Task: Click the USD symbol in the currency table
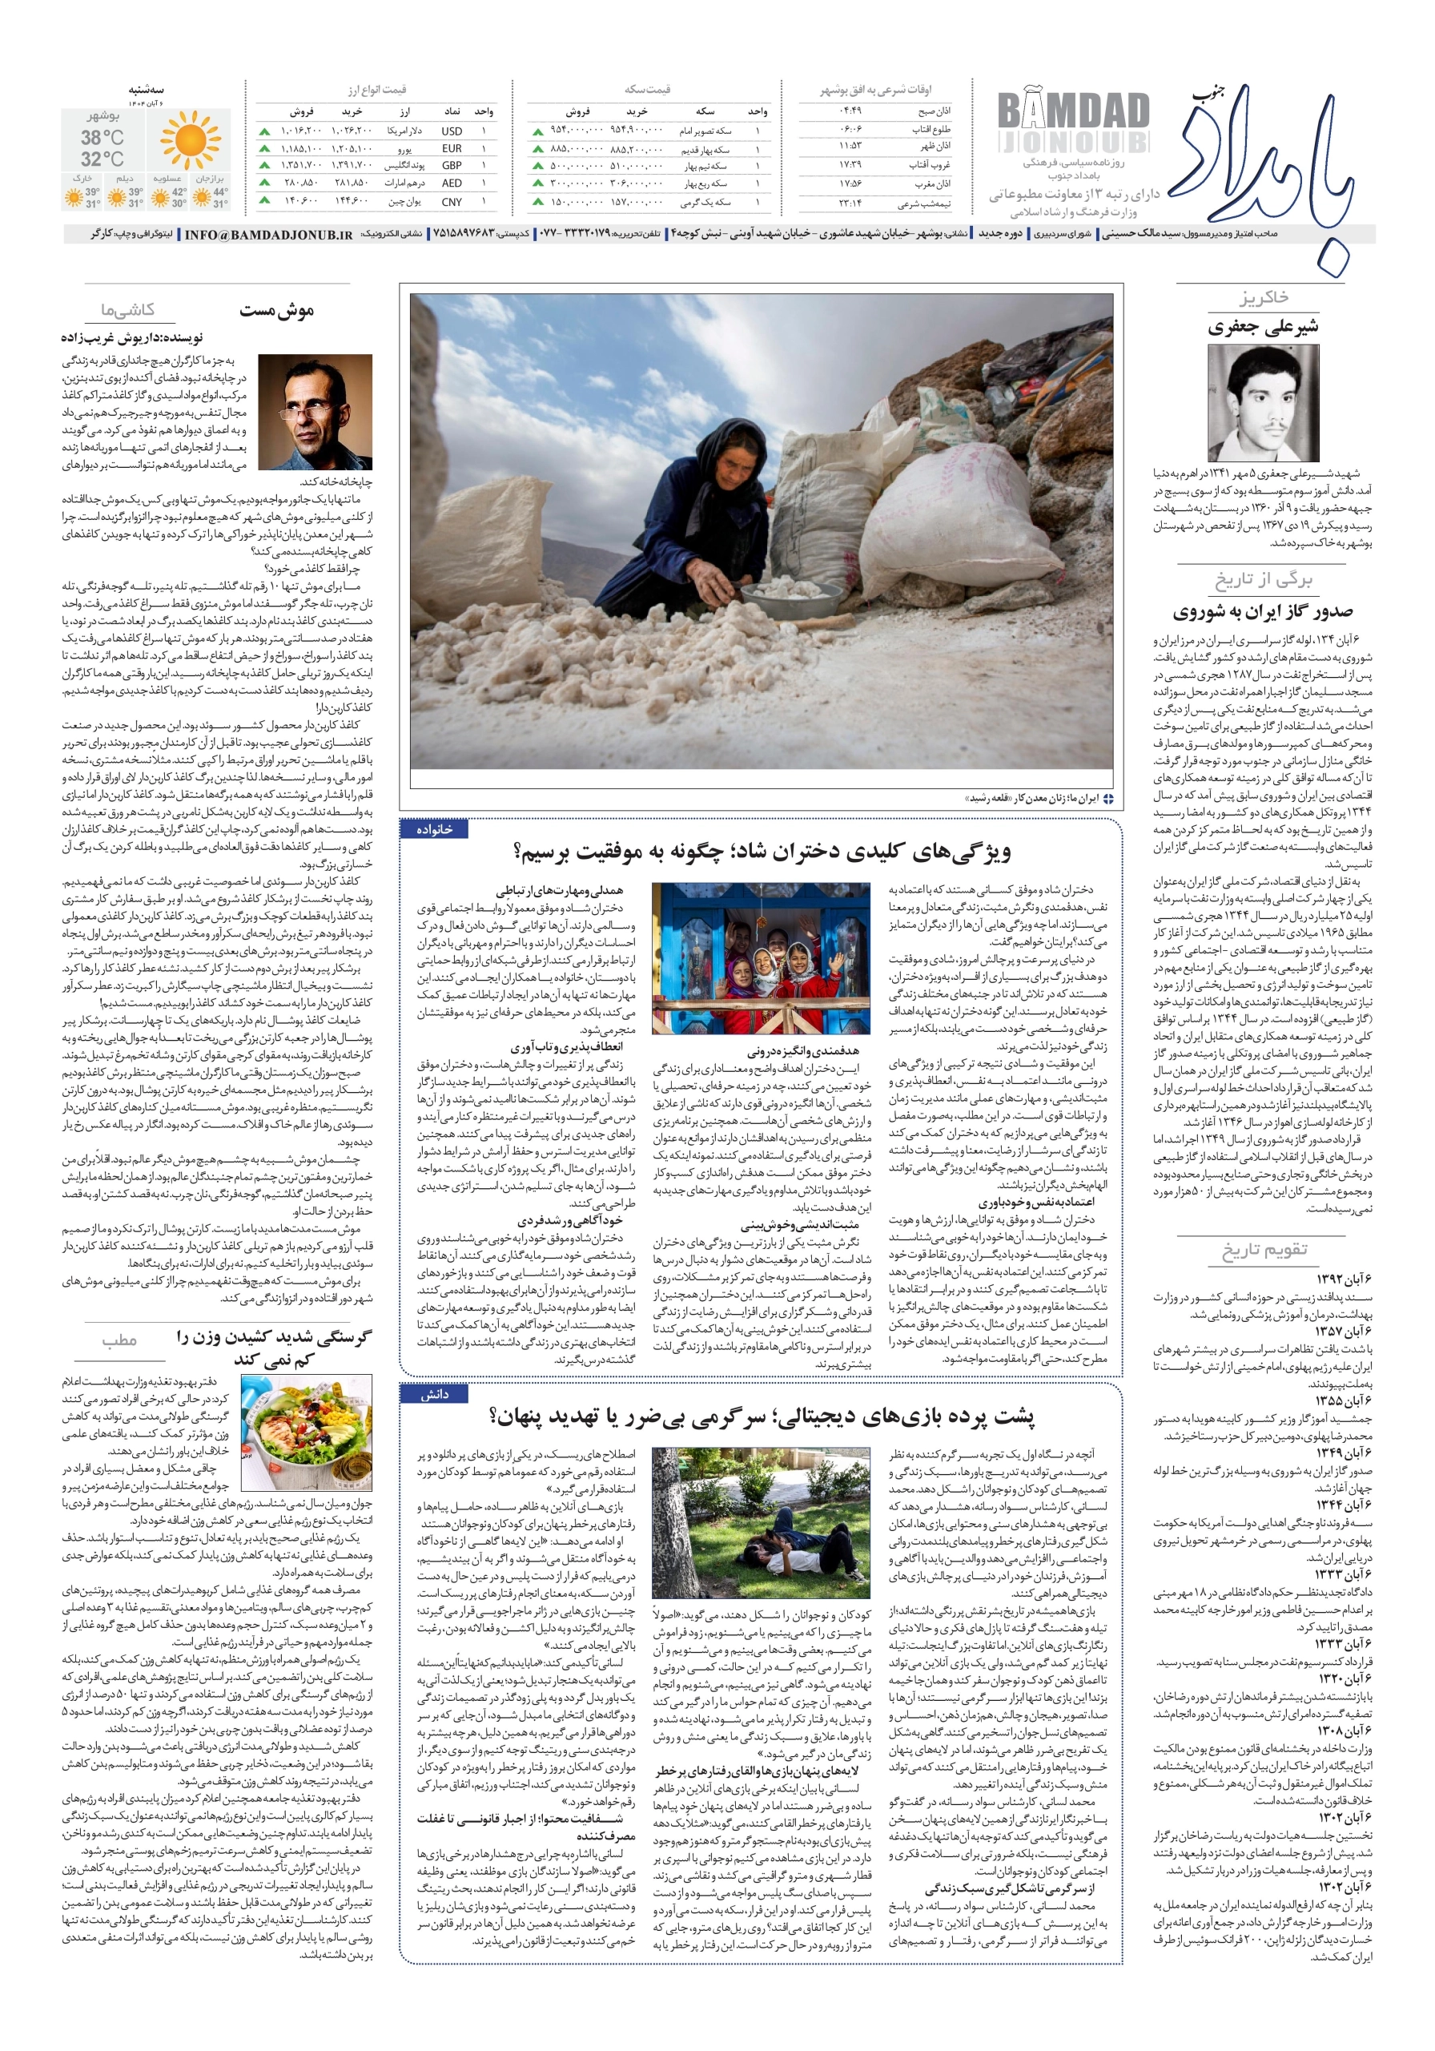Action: click(x=451, y=131)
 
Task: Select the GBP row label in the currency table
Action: click(x=451, y=166)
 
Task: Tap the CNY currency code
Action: click(x=451, y=202)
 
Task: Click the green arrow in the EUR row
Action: click(x=264, y=148)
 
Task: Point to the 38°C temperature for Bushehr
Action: click(x=102, y=138)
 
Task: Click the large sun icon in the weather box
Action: click(x=189, y=140)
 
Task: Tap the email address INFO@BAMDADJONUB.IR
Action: click(x=268, y=235)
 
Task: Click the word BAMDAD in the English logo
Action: click(x=1072, y=111)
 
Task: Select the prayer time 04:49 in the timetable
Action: click(x=849, y=111)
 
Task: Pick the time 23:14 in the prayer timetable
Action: click(x=849, y=203)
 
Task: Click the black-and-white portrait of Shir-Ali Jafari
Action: click(x=1262, y=403)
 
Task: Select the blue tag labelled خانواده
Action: click(x=435, y=829)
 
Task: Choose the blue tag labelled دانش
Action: click(x=435, y=1393)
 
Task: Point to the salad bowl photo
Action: click(x=306, y=1432)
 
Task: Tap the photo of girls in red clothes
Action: click(x=761, y=958)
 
